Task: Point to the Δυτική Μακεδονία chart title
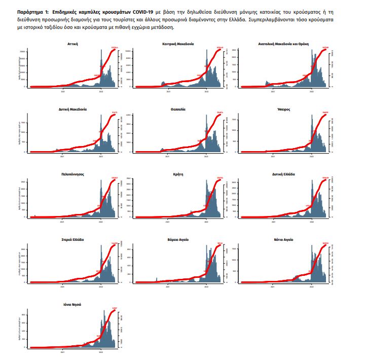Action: (72, 109)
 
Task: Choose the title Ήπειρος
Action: (283, 109)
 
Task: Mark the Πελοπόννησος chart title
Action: (72, 174)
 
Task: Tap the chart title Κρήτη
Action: (177, 174)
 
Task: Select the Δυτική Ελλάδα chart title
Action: (283, 174)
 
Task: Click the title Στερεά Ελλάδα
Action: (72, 239)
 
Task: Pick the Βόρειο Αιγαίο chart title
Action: (177, 239)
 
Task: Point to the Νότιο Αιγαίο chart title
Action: (283, 239)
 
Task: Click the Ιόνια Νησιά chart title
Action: (72, 304)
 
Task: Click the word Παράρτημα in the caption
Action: (29, 11)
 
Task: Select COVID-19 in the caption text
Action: (142, 11)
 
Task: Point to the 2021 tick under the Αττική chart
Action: (63, 92)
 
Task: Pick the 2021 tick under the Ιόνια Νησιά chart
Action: (63, 353)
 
